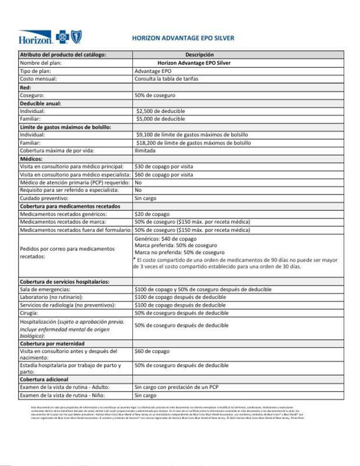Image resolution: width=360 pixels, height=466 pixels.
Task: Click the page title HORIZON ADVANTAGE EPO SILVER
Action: (x=183, y=38)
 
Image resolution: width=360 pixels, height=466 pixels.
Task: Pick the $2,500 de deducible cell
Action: (x=160, y=111)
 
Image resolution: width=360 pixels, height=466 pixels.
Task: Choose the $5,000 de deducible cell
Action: (x=160, y=119)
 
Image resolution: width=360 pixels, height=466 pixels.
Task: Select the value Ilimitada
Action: (x=145, y=150)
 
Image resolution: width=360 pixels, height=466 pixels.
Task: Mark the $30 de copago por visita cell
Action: (x=164, y=167)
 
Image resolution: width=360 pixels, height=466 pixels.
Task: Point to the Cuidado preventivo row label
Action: (x=45, y=198)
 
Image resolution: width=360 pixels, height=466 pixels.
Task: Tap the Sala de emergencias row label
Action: (x=45, y=290)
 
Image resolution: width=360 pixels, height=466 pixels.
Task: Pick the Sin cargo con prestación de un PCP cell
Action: (x=175, y=387)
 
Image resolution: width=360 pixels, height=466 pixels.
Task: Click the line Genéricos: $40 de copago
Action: (x=165, y=239)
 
